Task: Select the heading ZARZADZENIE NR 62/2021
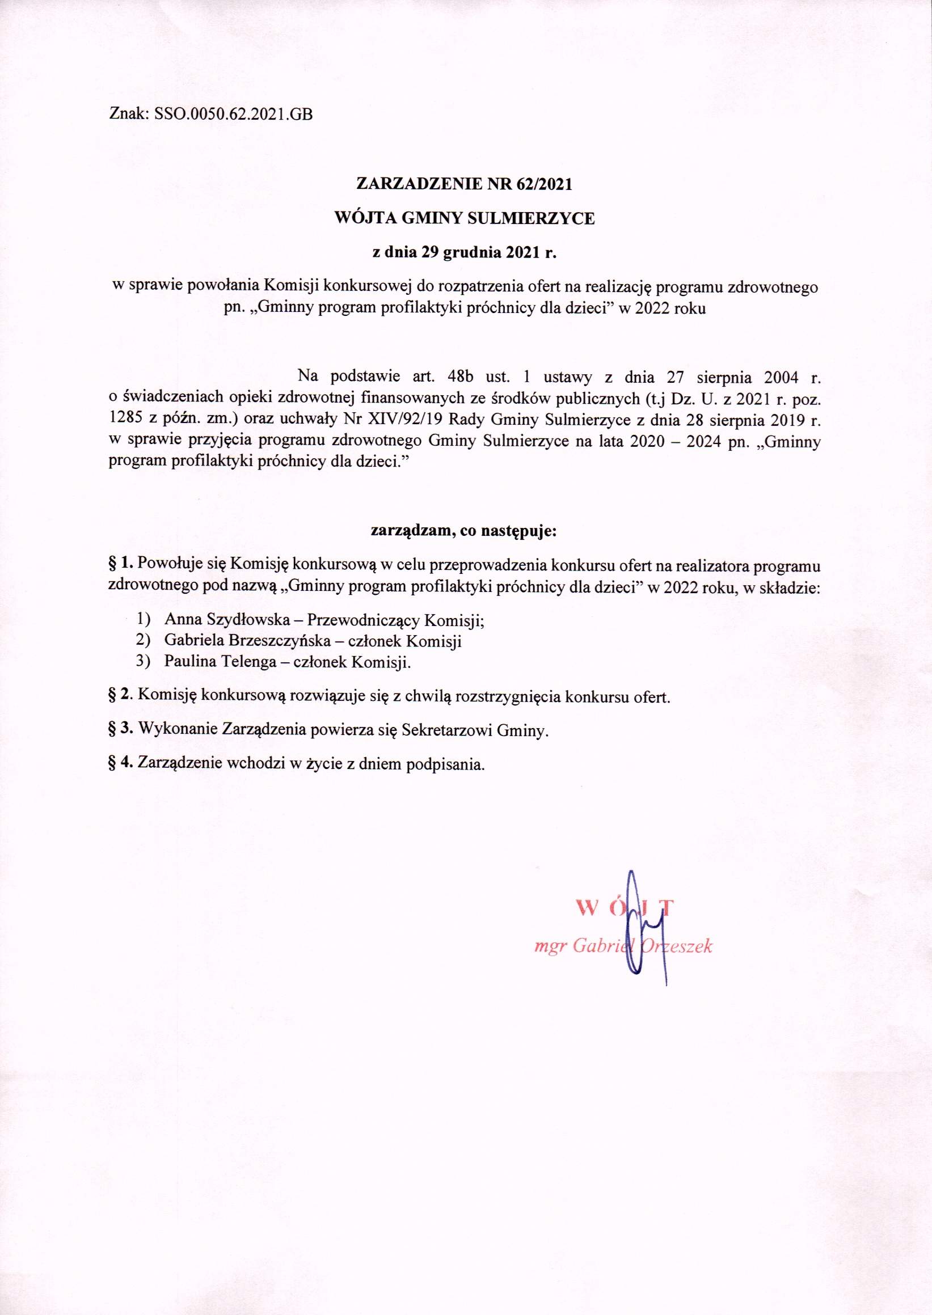(464, 184)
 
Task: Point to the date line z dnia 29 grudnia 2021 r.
(465, 252)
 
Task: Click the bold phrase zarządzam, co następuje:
(464, 531)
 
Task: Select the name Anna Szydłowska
(227, 620)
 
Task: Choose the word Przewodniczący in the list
(364, 620)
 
